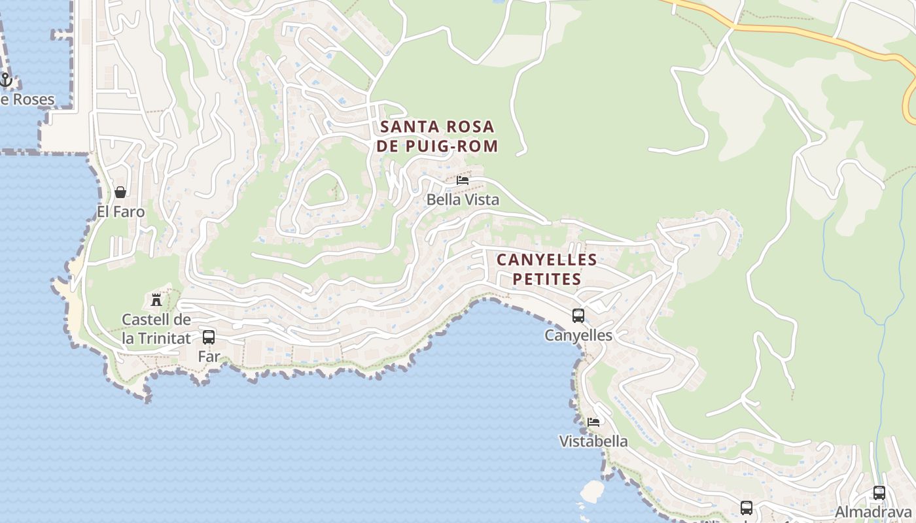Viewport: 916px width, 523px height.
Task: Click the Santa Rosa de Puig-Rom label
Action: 437,136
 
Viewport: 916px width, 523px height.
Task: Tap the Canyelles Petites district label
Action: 546,269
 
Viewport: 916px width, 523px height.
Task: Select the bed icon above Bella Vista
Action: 463,180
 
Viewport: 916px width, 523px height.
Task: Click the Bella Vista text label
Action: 463,200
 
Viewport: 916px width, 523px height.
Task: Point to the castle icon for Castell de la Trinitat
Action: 156,300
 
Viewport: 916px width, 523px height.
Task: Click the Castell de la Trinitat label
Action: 156,329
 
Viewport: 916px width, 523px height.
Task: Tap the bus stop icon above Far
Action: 209,337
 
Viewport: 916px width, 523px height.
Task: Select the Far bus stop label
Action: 209,357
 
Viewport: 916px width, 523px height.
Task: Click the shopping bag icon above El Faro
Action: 120,192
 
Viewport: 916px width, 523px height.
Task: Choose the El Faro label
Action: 120,212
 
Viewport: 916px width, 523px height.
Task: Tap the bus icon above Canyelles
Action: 578,316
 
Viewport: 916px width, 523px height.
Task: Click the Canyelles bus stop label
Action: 578,335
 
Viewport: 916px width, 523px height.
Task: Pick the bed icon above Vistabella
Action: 593,422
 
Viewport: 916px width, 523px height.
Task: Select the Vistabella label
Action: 593,441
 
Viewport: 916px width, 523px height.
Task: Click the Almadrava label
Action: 873,512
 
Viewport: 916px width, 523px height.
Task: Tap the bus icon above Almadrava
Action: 879,493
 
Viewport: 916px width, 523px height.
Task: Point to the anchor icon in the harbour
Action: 6,80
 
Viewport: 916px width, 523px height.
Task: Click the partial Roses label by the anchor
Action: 27,99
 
